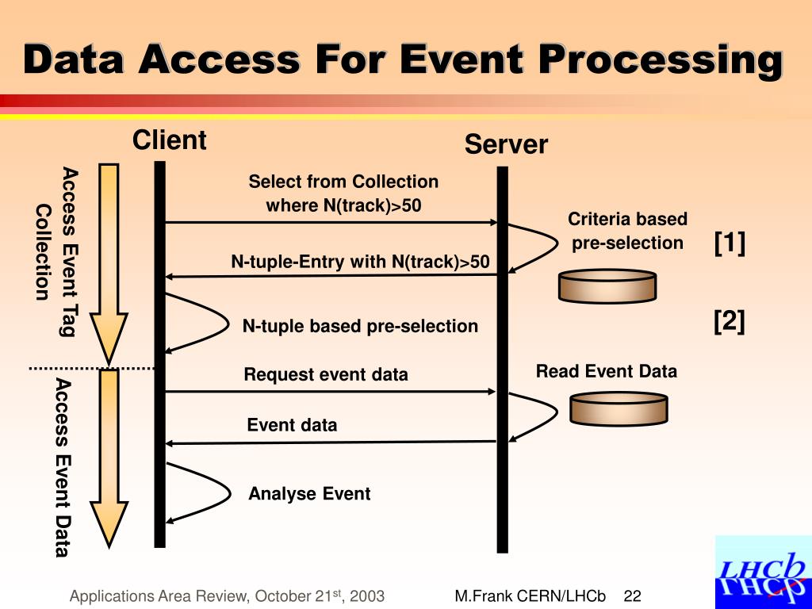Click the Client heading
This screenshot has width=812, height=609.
point(169,140)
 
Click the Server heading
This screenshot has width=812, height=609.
point(506,145)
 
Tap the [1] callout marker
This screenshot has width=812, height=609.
point(730,243)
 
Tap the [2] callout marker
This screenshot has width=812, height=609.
point(730,321)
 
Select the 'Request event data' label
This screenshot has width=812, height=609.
point(325,374)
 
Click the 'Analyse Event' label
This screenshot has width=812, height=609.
point(309,494)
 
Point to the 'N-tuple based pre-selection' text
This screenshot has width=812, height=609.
point(360,326)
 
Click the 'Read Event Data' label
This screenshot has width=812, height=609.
point(607,371)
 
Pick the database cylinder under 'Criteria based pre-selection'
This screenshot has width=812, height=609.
point(607,286)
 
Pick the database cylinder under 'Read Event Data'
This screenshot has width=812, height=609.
point(619,408)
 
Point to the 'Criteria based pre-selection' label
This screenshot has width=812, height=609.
point(627,231)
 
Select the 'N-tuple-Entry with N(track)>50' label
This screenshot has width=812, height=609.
point(360,262)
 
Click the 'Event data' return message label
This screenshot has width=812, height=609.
point(292,425)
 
